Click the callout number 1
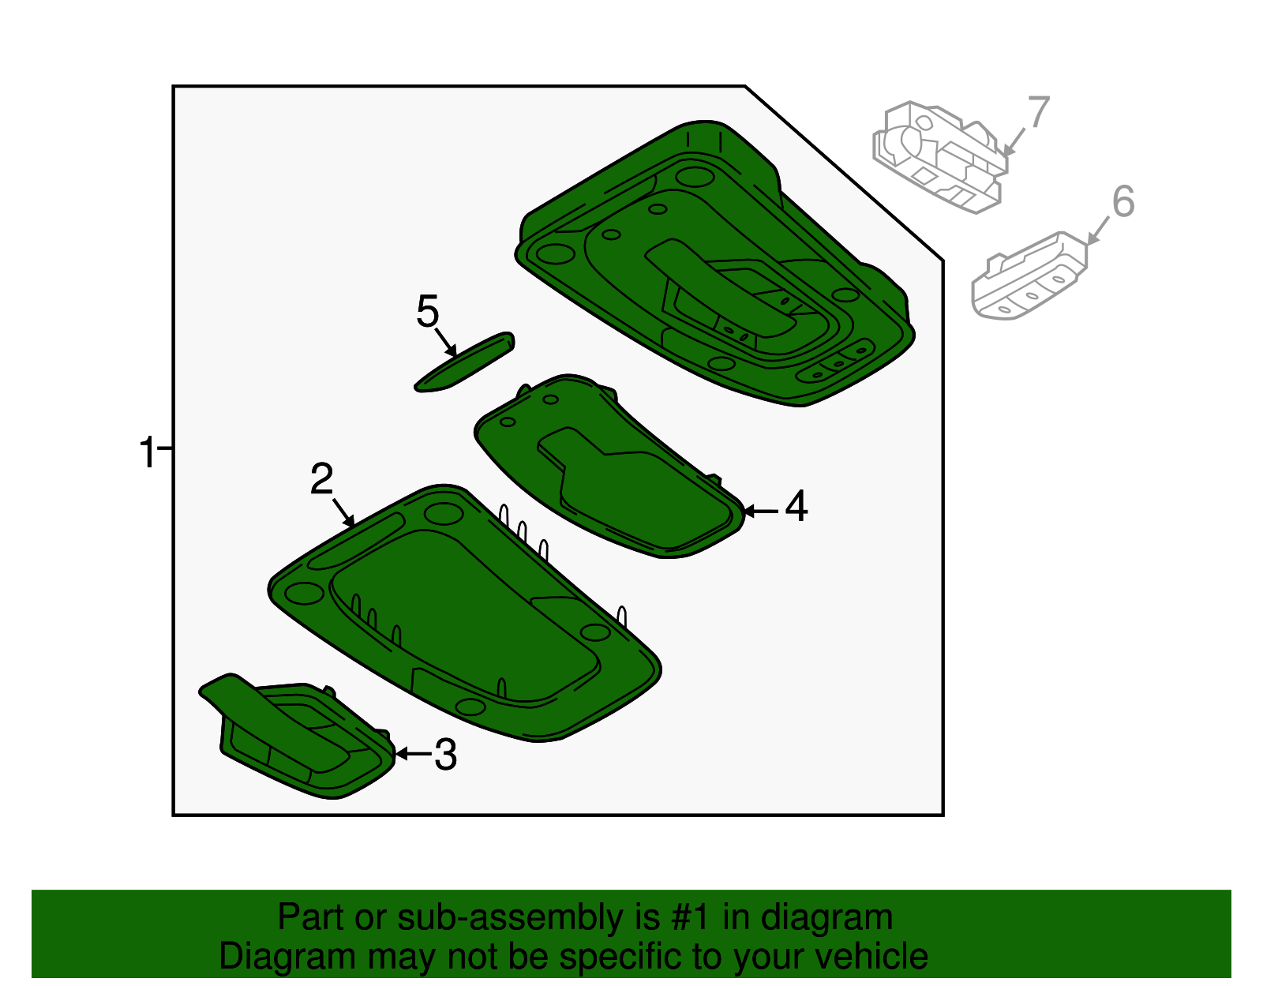(147, 453)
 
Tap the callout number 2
(321, 479)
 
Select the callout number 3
(446, 755)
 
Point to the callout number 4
(796, 506)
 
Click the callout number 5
(427, 312)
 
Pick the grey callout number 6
(1122, 201)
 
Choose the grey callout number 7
(1038, 112)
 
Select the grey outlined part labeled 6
(1026, 276)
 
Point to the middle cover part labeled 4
(616, 474)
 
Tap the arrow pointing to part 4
(761, 512)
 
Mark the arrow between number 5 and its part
(445, 341)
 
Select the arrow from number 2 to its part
(343, 512)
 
